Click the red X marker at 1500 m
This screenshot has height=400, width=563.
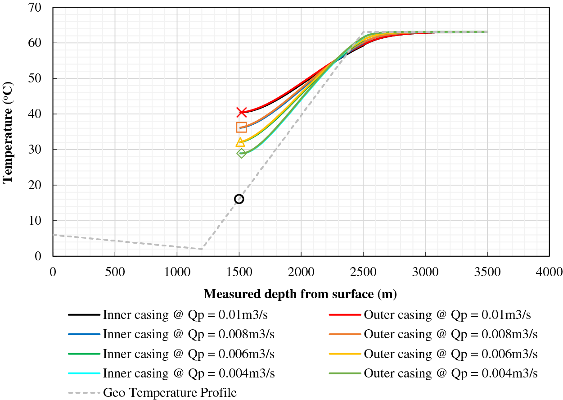[242, 112]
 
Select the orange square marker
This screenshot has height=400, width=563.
[241, 127]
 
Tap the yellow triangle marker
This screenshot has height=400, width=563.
[240, 142]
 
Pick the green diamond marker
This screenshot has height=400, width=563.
[242, 153]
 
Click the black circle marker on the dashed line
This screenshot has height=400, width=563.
[239, 199]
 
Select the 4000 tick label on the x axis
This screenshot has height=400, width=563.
[549, 272]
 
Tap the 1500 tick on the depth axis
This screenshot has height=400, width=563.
[239, 272]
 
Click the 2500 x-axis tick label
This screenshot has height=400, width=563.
[363, 272]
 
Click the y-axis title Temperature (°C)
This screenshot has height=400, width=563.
[8, 132]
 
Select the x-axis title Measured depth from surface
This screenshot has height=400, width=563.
[300, 294]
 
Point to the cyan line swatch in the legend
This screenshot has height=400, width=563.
[84, 373]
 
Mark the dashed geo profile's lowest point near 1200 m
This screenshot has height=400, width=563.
[202, 249]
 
